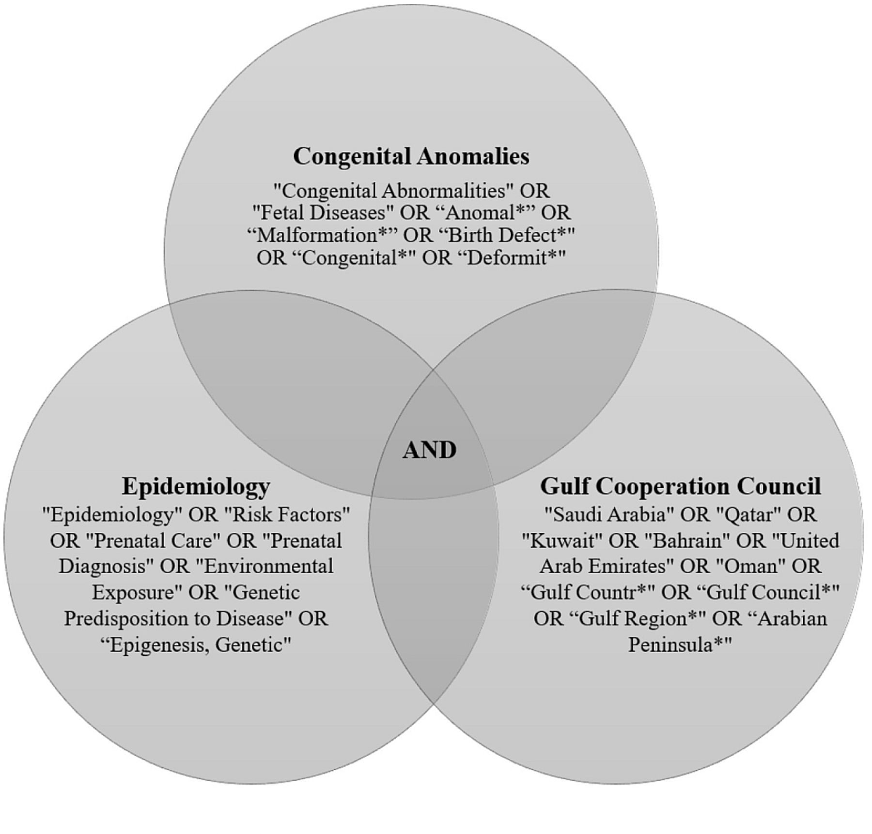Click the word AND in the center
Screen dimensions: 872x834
429,450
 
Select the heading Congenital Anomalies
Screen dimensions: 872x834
411,156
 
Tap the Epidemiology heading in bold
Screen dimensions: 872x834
196,486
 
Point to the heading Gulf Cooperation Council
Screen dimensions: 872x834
680,486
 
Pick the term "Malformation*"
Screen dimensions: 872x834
322,235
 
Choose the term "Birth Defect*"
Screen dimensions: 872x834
507,235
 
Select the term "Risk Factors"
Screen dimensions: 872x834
287,515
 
